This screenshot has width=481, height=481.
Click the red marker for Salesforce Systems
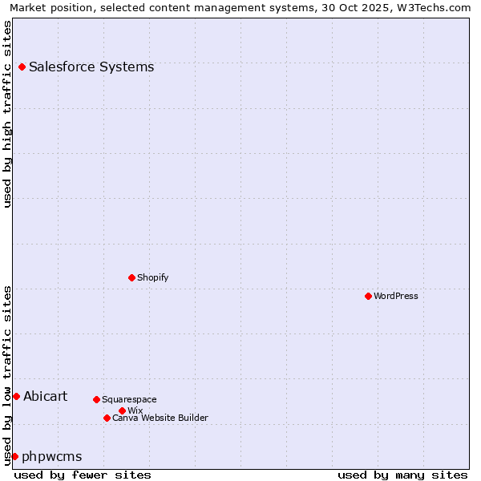(x=22, y=67)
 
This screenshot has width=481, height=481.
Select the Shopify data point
(x=131, y=277)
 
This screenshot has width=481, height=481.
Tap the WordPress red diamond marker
(x=368, y=296)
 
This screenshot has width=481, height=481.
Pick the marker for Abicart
(x=16, y=396)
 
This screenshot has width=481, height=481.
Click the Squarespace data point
(x=96, y=399)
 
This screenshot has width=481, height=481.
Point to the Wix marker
(x=122, y=410)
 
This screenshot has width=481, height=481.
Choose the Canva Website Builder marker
(x=107, y=418)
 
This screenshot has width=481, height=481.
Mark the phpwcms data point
(x=14, y=456)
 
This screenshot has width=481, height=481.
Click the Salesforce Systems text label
(x=91, y=67)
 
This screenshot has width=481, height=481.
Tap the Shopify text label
(x=152, y=277)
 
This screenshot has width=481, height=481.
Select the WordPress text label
(x=396, y=296)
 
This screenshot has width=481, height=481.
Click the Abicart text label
(x=45, y=396)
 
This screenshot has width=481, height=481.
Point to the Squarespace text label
(x=129, y=399)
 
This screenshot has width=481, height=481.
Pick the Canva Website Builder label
(x=160, y=418)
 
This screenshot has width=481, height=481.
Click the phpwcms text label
(x=51, y=456)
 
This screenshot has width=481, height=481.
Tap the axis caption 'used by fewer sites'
(x=83, y=475)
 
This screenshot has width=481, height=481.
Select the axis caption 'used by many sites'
(x=402, y=475)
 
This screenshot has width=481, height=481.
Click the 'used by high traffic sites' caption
(x=7, y=114)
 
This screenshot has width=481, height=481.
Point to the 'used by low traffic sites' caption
(x=7, y=375)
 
